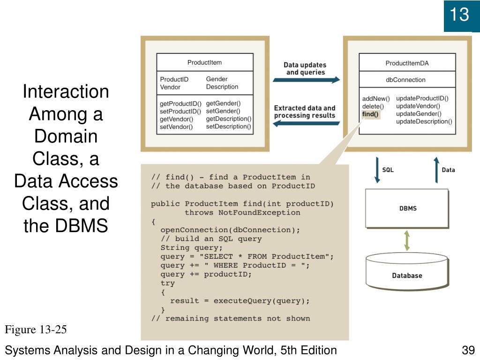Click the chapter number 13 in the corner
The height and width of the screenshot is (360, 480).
pos(459,15)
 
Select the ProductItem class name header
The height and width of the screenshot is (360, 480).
pos(204,62)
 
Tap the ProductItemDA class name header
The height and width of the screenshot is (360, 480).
pos(407,63)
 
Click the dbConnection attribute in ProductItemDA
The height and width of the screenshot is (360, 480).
pos(405,80)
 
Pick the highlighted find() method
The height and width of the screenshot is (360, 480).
pos(370,114)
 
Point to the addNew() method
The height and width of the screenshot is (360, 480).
pos(376,99)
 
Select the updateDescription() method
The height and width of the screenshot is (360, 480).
pos(424,121)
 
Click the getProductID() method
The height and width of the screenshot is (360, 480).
pos(180,104)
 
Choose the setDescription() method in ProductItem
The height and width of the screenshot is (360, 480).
pos(228,126)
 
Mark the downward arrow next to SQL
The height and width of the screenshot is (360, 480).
pos(376,170)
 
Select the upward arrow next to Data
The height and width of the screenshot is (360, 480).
pos(436,170)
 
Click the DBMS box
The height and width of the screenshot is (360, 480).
pos(407,208)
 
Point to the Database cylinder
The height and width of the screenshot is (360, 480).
pos(407,272)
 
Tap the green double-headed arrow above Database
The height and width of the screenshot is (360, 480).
pos(407,240)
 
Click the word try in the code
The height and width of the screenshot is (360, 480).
pos(167,283)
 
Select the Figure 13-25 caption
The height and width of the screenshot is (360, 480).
pos(36,330)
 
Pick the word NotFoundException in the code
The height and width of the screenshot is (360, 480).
pos(259,212)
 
